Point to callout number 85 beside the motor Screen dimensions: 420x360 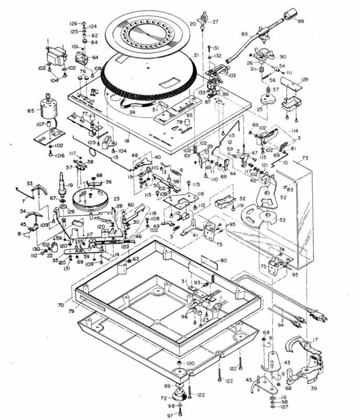tap(30, 111)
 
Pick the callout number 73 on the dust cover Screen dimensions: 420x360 tap(305, 158)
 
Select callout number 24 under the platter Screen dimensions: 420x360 tap(132, 112)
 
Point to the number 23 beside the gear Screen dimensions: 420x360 tap(117, 199)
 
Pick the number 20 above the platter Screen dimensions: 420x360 tap(193, 24)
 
